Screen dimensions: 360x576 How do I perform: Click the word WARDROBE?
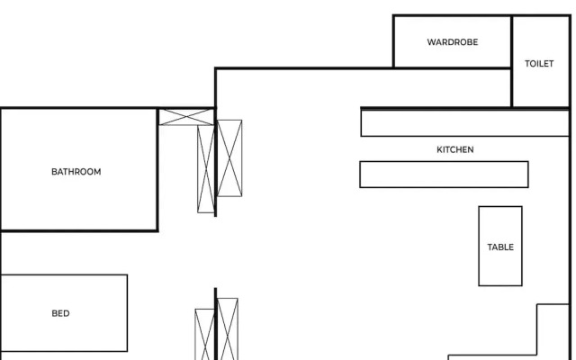click(452, 42)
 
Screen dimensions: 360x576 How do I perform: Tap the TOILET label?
click(539, 64)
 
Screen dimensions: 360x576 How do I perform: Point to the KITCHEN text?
click(454, 149)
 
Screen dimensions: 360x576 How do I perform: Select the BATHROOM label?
click(76, 171)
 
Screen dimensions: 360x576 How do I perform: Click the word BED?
click(60, 313)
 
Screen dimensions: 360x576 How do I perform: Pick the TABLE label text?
click(500, 247)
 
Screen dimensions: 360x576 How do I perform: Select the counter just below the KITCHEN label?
click(444, 175)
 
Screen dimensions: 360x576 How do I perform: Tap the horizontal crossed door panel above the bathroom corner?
click(186, 116)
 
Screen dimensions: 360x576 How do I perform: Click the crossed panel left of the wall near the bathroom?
click(206, 168)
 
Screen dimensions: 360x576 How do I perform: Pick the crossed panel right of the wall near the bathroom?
click(229, 158)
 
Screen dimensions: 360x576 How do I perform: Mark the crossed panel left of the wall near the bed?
click(205, 335)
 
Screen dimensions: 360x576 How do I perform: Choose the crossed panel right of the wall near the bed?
click(228, 329)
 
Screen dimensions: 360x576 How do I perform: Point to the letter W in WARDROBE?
click(430, 42)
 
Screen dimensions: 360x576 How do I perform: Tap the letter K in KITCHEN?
click(439, 149)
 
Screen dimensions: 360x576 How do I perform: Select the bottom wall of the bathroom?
click(79, 230)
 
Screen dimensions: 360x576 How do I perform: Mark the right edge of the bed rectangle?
click(127, 313)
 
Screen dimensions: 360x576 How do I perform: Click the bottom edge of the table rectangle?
click(500, 285)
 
